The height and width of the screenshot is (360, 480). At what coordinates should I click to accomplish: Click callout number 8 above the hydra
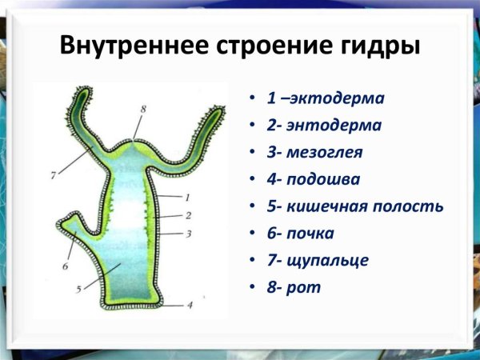point(143,108)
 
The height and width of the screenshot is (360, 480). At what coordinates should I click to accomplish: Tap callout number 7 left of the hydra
point(53,174)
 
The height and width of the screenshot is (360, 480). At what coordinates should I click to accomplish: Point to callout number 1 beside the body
point(186,196)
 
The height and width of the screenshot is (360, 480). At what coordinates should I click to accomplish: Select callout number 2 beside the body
point(187,215)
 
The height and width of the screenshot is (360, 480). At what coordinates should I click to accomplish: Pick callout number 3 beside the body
point(187,234)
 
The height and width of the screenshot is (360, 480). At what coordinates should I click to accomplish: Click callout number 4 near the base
point(190,305)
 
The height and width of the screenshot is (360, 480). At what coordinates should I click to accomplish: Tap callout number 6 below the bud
point(66,265)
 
